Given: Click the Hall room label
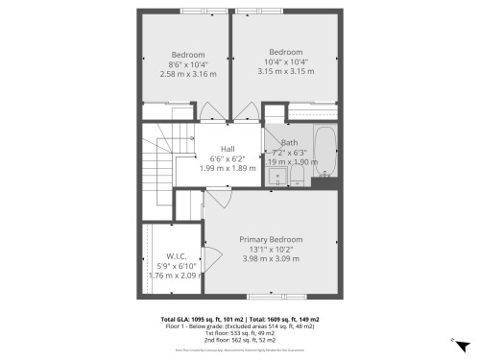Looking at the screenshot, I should (x=228, y=148).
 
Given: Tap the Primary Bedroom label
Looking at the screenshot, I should (x=272, y=239).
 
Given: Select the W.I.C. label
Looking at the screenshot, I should (x=176, y=256).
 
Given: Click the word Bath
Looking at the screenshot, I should (x=289, y=142).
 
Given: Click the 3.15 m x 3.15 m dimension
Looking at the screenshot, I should (x=285, y=72).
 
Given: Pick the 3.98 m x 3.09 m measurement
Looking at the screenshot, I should (x=272, y=258).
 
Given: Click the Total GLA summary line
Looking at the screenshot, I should (x=240, y=319).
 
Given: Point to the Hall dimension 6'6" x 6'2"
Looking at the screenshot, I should (x=228, y=158).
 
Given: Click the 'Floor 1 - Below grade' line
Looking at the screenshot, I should (x=240, y=325).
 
